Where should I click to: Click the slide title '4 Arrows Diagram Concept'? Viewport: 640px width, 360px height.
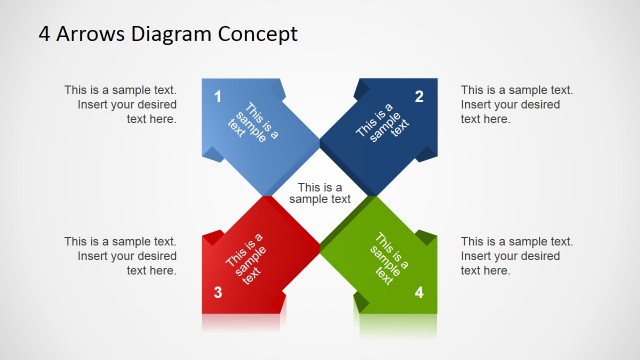168,34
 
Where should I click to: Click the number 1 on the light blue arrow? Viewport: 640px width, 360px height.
218,97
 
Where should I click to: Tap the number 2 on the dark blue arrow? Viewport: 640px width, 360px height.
419,97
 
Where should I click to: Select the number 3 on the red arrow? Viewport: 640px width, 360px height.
218,293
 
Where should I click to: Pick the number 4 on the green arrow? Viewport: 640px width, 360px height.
419,293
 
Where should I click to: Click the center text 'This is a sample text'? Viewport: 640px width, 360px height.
320,193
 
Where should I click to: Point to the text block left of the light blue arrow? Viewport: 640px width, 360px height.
121,104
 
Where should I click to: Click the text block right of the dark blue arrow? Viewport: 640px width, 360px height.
516,104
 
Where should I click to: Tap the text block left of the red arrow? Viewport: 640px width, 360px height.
121,256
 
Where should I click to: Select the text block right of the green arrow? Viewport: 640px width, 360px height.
516,256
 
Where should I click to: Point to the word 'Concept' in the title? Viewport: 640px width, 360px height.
258,35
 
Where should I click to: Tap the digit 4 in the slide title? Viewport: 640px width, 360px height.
45,34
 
